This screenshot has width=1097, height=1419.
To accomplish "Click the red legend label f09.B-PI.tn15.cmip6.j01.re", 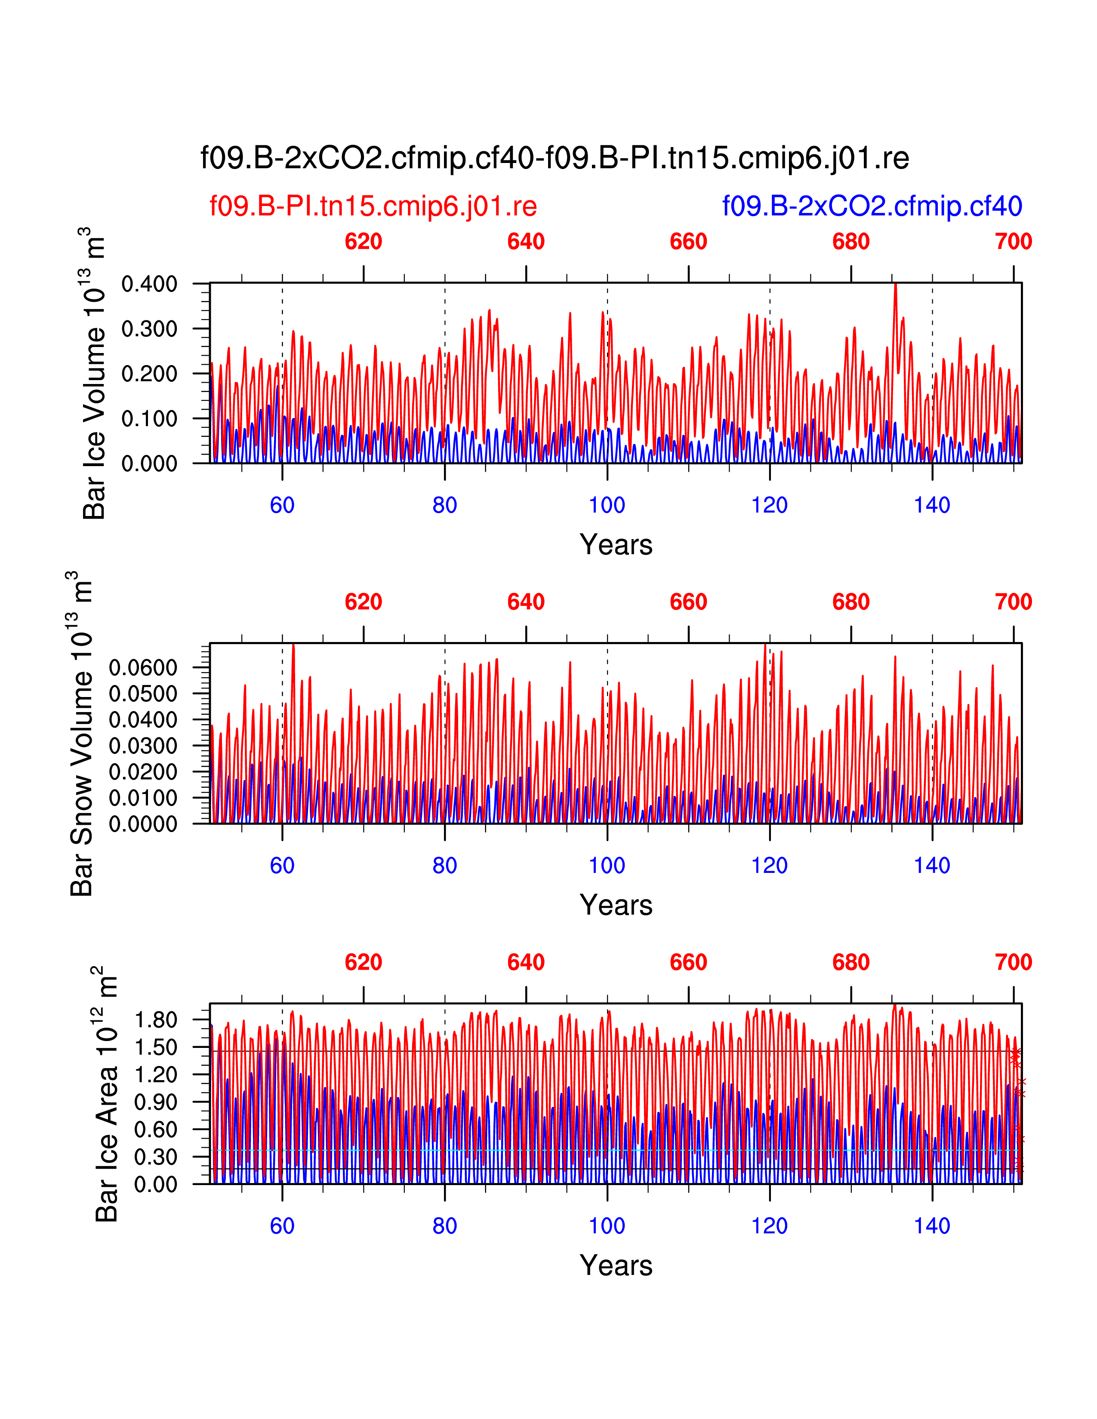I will (373, 206).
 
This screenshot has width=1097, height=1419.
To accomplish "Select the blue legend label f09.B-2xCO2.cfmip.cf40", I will (872, 206).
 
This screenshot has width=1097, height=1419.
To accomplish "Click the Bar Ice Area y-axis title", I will (105, 1094).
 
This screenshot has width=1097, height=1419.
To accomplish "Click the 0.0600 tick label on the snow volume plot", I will (143, 667).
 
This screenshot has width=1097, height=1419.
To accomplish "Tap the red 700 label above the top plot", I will (1013, 242).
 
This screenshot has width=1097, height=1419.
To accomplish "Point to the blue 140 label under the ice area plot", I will (931, 1226).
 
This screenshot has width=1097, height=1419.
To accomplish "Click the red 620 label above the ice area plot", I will (363, 962).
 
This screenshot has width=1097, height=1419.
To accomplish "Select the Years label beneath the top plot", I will (616, 544).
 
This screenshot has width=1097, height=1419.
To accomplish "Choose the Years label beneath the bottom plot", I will (616, 1265).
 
